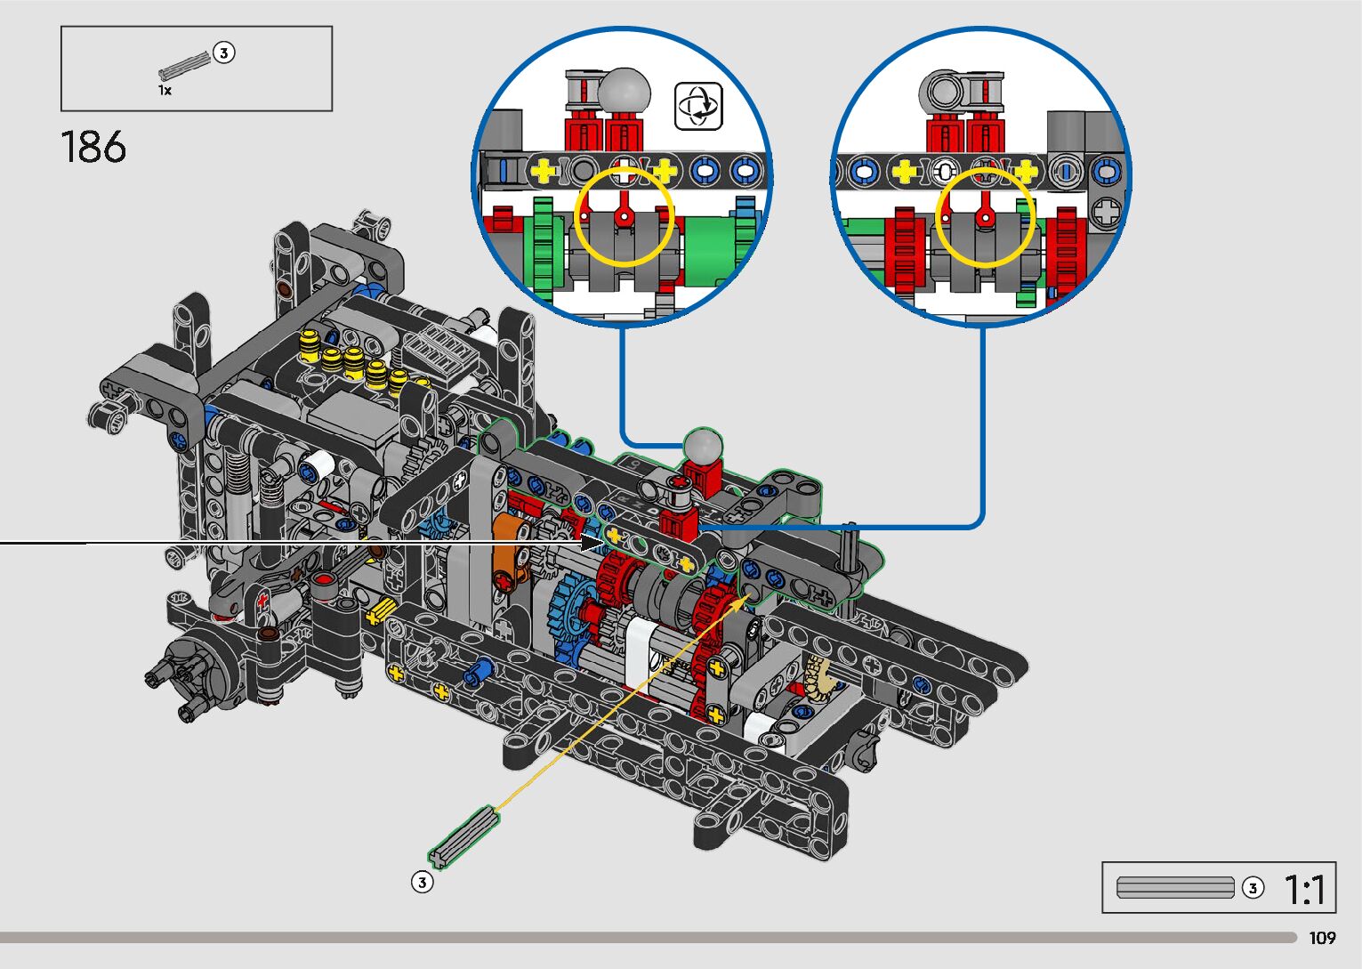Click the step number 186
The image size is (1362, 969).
click(x=93, y=147)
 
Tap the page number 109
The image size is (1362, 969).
click(x=1322, y=938)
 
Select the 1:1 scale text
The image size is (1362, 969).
click(x=1304, y=890)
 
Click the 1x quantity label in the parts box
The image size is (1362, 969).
click(x=165, y=91)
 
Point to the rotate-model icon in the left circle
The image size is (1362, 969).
click(x=698, y=106)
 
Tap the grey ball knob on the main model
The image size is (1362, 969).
click(x=704, y=447)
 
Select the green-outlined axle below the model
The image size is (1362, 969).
click(x=463, y=837)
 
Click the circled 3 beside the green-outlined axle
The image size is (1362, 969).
click(x=423, y=882)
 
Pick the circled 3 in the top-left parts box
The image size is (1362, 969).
click(x=224, y=52)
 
